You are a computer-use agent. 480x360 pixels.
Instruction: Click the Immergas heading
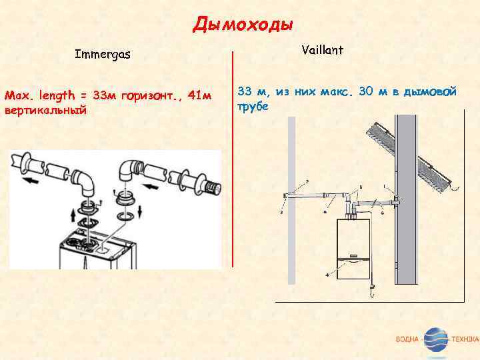pyautogui.click(x=103, y=53)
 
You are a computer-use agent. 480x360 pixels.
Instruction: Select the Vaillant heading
pyautogui.click(x=323, y=49)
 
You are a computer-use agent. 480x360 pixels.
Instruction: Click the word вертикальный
pyautogui.click(x=45, y=109)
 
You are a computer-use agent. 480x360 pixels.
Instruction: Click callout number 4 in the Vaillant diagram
pyautogui.click(x=327, y=274)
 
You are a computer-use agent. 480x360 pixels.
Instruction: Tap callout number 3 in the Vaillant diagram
pyautogui.click(x=281, y=213)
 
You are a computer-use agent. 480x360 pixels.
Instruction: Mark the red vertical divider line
pyautogui.click(x=233, y=160)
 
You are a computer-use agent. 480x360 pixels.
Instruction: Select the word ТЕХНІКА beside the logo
pyautogui.click(x=464, y=340)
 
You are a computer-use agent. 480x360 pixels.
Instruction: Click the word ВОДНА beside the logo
pyautogui.click(x=407, y=340)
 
